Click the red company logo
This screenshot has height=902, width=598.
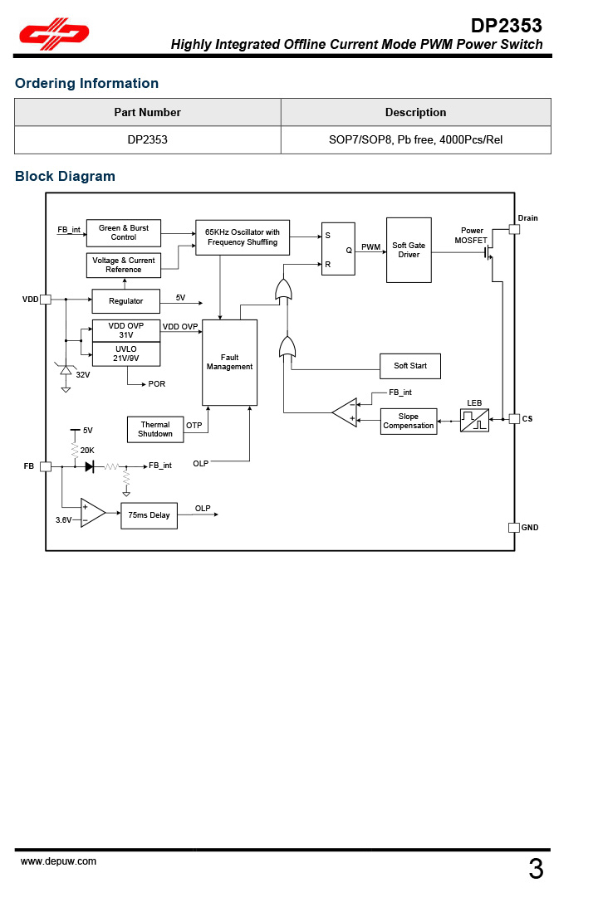pos(55,34)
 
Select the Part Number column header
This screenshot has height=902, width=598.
pos(147,112)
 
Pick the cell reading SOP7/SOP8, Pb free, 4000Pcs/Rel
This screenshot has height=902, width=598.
pos(415,139)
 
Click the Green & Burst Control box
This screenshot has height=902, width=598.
pos(124,233)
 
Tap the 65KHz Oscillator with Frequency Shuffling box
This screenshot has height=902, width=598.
pos(243,237)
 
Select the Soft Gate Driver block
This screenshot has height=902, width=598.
pos(409,250)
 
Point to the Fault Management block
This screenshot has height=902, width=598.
pos(230,363)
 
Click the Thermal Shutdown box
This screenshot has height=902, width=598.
pos(155,430)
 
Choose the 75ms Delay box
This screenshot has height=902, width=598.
pos(149,515)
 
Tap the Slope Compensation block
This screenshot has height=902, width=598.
pos(409,422)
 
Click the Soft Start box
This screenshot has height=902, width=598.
pos(410,366)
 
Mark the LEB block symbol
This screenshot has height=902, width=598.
pos(475,420)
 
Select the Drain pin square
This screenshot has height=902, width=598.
pos(514,229)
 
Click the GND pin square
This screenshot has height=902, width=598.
pos(513,528)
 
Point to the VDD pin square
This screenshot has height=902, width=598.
pos(46,300)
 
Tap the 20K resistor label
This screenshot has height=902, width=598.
pos(87,450)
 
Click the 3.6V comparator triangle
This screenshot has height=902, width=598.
pos(91,513)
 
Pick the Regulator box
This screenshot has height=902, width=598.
pos(125,301)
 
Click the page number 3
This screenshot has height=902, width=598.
pos(536,870)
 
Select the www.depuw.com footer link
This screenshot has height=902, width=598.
pos(58,861)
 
